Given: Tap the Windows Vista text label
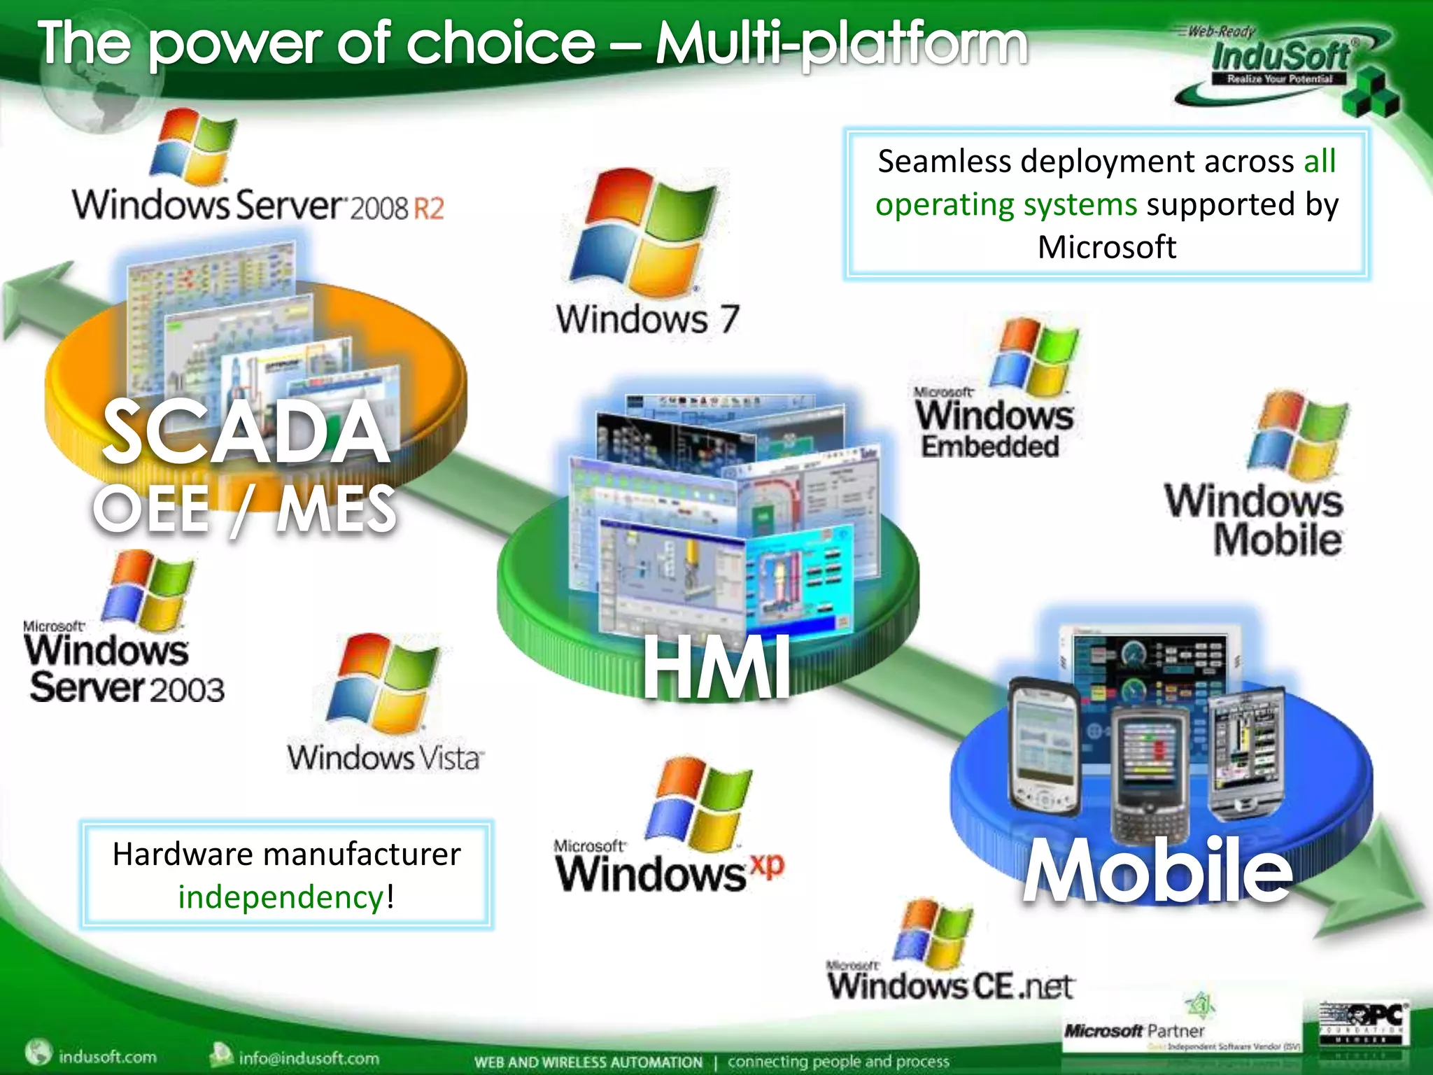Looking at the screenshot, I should click(x=385, y=758).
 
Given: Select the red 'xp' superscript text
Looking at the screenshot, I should click(x=768, y=865).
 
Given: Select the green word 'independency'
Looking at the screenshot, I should click(x=281, y=897).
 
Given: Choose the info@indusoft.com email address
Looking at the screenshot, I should click(x=309, y=1058).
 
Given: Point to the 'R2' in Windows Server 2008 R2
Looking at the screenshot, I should click(x=428, y=209).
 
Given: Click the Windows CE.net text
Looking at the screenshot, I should click(x=951, y=985).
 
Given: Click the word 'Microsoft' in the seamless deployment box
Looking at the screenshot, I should click(x=1106, y=247).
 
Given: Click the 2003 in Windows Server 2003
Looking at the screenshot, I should click(x=186, y=690).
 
